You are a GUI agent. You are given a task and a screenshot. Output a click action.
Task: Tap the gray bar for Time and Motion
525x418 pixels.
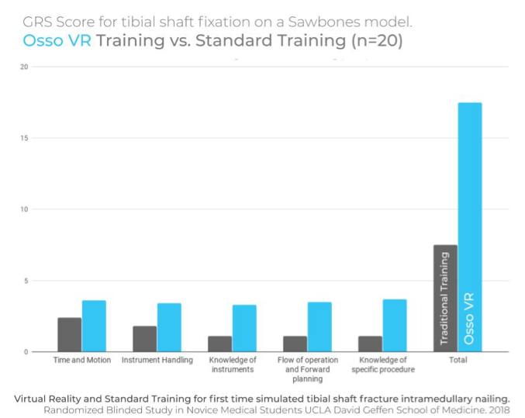(x=69, y=334)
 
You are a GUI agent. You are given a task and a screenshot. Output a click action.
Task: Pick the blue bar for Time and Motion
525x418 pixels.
(x=94, y=326)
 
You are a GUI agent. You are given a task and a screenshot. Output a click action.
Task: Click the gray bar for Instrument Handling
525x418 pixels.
(x=144, y=339)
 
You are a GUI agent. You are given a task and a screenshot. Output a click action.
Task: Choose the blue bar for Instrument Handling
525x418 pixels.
(x=169, y=327)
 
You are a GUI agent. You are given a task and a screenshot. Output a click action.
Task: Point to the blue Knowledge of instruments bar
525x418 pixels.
(x=244, y=328)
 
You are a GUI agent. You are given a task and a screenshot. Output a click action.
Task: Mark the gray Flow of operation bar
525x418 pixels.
(x=295, y=344)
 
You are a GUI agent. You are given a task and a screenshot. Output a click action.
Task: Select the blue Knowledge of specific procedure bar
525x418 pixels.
(x=395, y=326)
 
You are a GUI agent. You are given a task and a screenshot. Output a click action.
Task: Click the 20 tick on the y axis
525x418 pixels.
(x=23, y=67)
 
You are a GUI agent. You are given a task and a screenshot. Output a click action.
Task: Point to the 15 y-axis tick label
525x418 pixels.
(x=23, y=138)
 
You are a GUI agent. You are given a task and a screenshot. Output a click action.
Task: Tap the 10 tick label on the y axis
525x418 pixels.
(x=23, y=209)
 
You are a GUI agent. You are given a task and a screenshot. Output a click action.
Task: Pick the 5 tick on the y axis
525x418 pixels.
(x=25, y=281)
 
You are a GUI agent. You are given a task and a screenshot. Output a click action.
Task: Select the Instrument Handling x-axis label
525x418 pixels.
(x=157, y=360)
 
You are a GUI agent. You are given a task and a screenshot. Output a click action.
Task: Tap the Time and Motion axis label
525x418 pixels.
(x=81, y=360)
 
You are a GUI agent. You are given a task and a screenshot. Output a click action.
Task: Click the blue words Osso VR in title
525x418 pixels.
(x=57, y=41)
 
